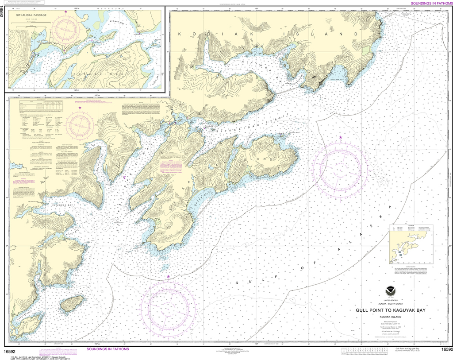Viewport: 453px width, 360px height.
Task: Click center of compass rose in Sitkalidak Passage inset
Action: coord(66,28)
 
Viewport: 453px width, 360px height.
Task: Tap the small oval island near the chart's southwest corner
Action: coord(71,304)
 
